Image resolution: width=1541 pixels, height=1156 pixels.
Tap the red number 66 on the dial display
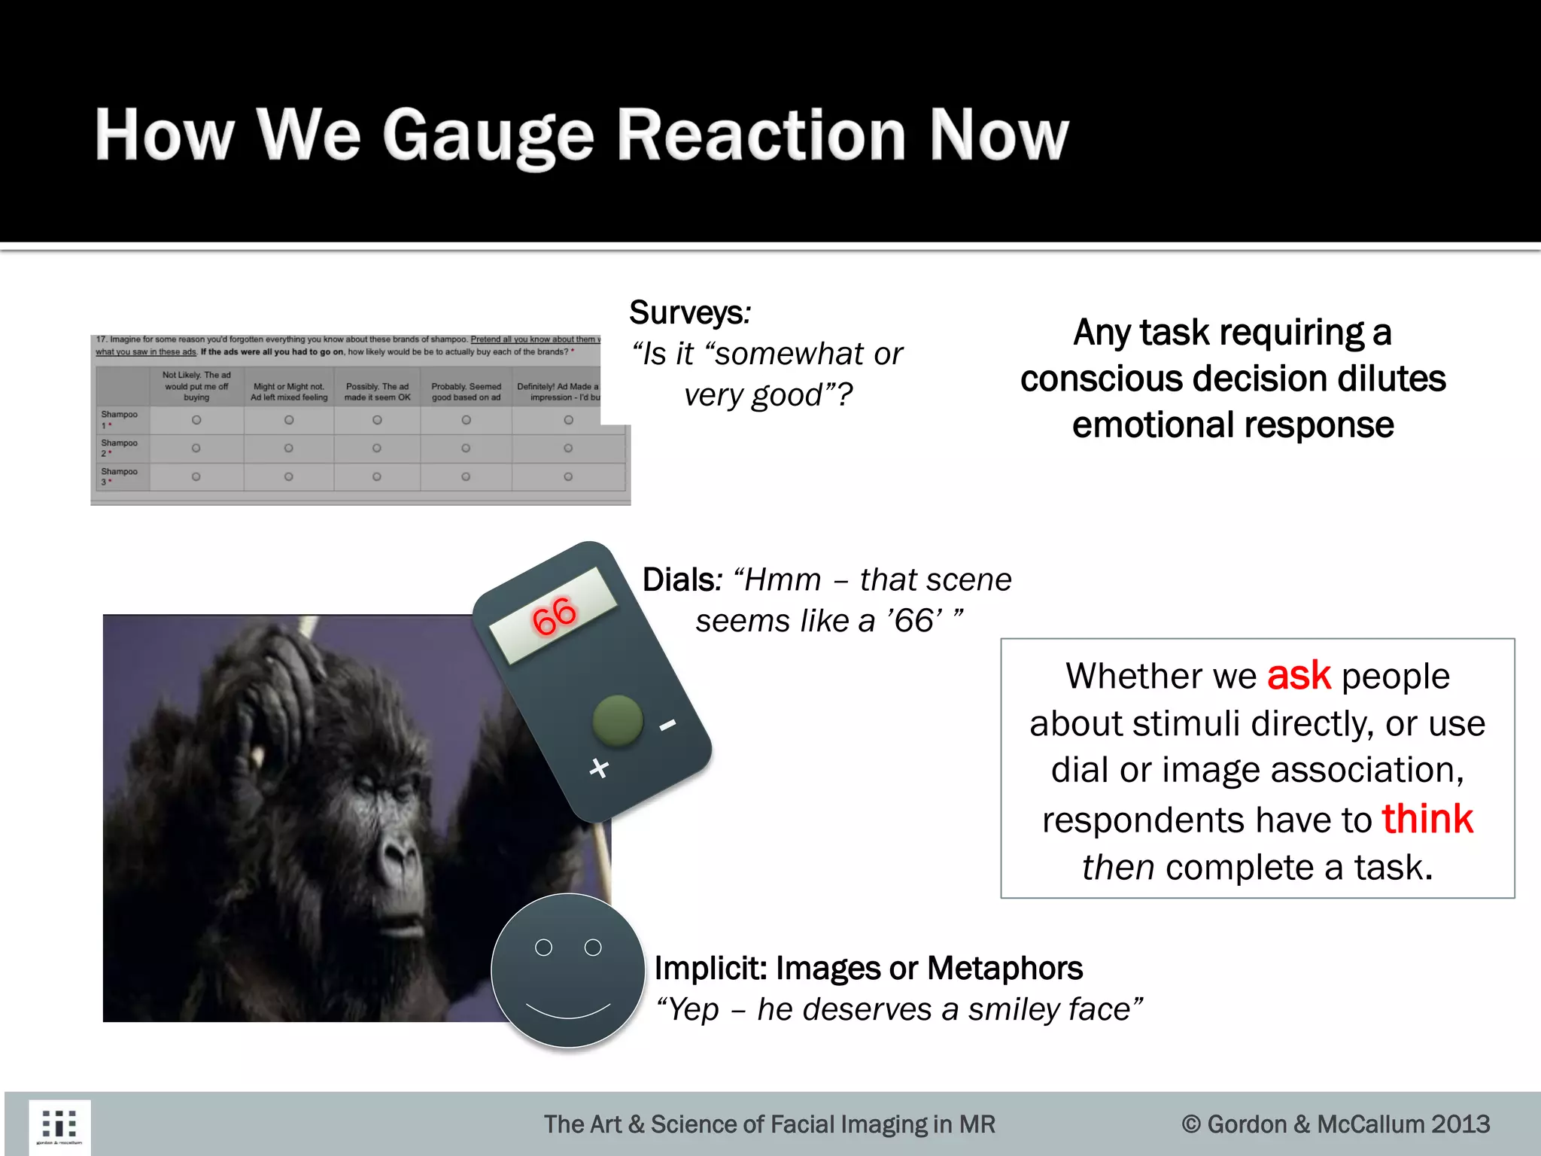tap(554, 616)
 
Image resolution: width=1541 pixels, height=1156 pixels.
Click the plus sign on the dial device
tap(598, 768)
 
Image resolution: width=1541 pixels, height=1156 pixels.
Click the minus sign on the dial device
tap(667, 725)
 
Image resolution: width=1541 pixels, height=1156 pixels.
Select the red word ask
tap(1299, 675)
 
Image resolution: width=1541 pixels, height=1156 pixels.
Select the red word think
tap(1427, 819)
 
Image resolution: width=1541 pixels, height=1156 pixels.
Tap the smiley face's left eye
tap(543, 948)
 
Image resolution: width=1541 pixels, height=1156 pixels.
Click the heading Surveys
tap(687, 312)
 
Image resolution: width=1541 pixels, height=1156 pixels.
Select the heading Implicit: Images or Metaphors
tap(868, 968)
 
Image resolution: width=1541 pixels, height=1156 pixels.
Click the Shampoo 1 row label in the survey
tap(119, 419)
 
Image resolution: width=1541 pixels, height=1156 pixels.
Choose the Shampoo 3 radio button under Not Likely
tap(196, 476)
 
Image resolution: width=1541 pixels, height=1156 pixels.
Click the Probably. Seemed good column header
tap(466, 391)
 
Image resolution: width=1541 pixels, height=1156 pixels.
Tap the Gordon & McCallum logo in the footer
tap(59, 1126)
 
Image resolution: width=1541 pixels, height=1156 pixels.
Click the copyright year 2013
tap(1460, 1124)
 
